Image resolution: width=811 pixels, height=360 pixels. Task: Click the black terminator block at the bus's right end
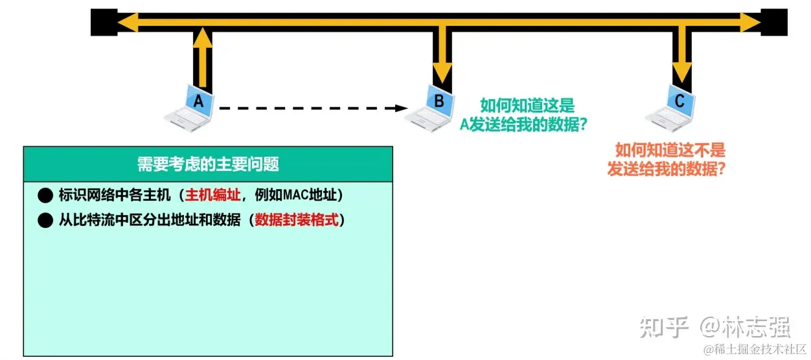774,23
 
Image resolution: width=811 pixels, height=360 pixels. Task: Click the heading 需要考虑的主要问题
208,164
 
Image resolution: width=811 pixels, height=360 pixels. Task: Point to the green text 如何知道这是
527,105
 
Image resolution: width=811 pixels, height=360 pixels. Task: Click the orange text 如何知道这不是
670,151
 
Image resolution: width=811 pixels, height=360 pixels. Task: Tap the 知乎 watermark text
663,327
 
